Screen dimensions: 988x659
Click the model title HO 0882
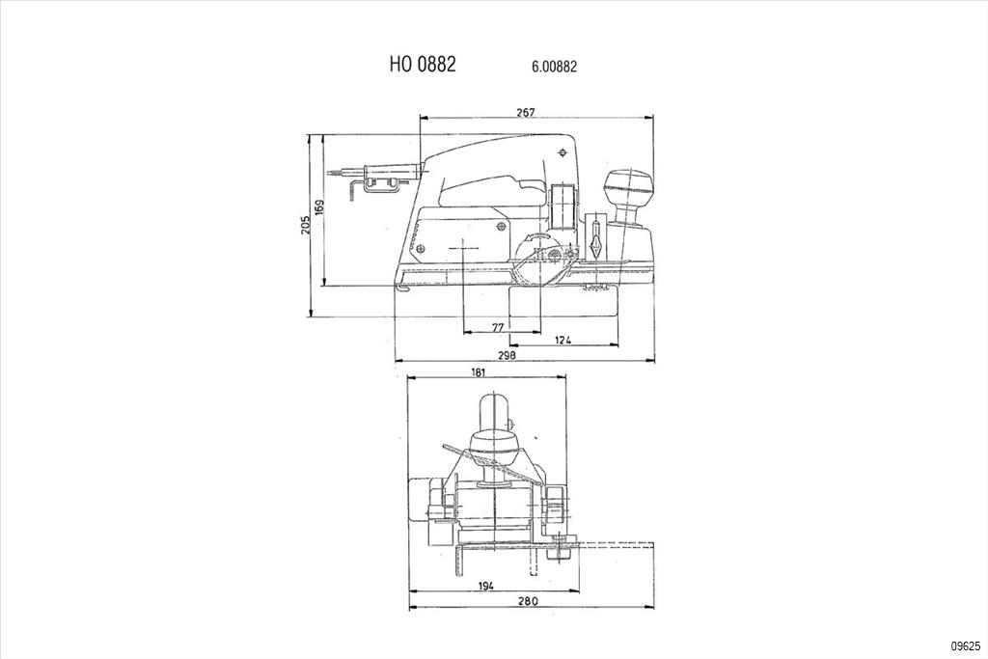423,65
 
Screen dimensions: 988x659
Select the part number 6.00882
554,67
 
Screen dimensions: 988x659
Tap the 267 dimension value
526,112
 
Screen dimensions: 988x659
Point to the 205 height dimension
306,226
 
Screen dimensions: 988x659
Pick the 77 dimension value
498,327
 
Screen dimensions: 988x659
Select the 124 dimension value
563,341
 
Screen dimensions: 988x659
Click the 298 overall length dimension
507,355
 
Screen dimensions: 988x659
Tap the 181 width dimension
479,372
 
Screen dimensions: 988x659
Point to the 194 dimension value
485,586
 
